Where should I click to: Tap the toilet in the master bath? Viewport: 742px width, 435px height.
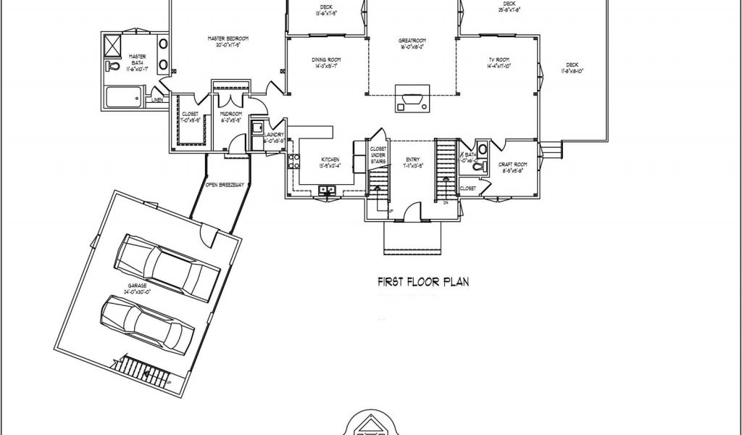click(x=113, y=67)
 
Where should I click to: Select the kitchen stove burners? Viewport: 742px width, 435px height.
click(x=293, y=160)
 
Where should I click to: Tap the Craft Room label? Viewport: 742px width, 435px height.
click(x=514, y=166)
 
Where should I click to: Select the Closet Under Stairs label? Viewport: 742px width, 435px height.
click(x=378, y=154)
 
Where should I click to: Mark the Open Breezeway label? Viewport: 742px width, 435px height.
click(x=222, y=185)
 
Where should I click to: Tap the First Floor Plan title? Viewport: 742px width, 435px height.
click(x=422, y=281)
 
